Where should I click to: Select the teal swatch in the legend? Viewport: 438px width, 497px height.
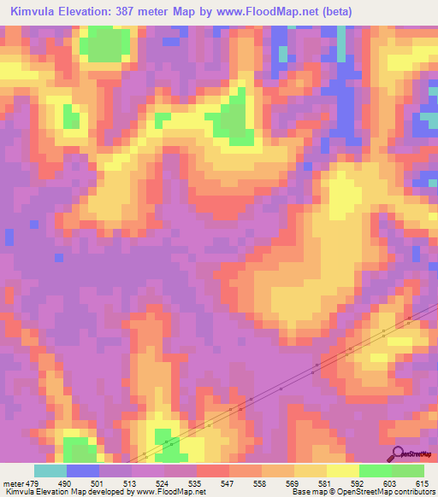(50, 471)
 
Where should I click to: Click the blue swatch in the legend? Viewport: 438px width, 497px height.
(83, 471)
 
